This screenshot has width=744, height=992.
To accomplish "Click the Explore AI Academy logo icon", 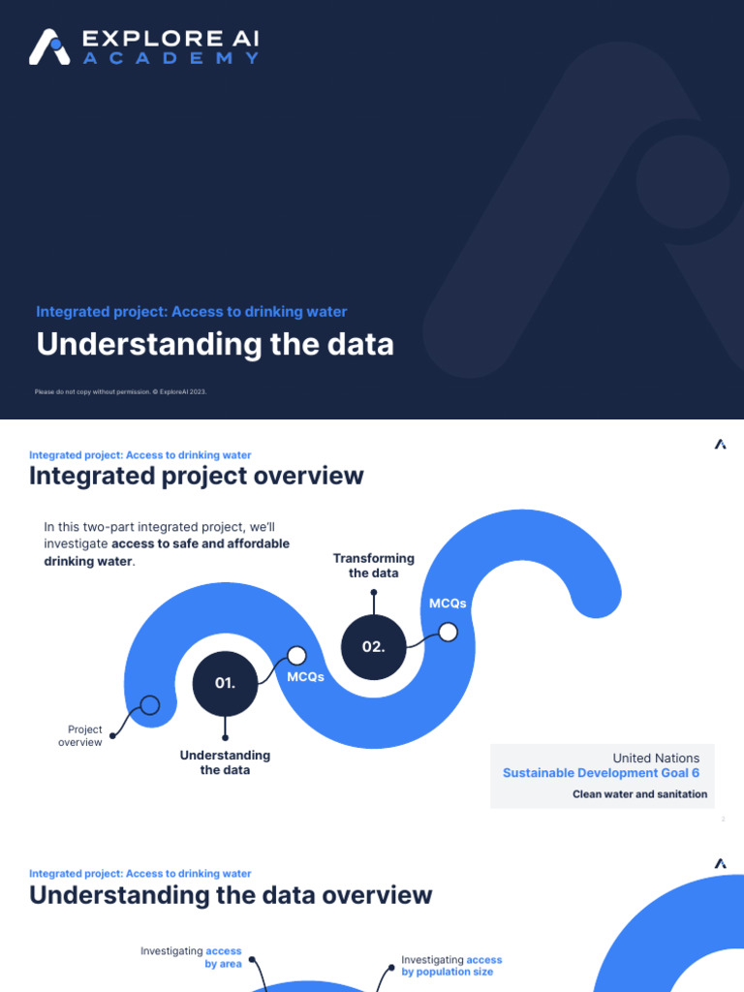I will [x=50, y=46].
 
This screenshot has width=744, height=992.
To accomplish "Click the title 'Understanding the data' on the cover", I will [x=215, y=344].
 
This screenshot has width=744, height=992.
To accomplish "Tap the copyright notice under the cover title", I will [x=121, y=391].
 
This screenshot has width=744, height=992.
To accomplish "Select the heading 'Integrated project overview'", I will [x=197, y=476].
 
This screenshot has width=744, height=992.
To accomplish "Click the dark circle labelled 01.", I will [x=225, y=683].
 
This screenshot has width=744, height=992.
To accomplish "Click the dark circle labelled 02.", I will [x=373, y=646].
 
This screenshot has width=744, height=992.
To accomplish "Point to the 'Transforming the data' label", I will [x=373, y=566].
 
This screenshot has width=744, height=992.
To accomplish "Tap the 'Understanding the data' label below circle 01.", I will [x=225, y=762].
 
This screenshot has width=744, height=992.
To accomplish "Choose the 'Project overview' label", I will [x=84, y=736].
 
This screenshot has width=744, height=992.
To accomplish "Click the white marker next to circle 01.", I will [x=296, y=656].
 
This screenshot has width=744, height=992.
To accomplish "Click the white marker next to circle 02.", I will [x=448, y=633].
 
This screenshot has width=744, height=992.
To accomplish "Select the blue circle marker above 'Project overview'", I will [x=149, y=705].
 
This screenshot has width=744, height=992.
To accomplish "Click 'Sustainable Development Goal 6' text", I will [x=601, y=773].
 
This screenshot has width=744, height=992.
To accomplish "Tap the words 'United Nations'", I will [x=656, y=759].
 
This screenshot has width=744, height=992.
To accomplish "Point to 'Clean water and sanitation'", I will [x=639, y=794].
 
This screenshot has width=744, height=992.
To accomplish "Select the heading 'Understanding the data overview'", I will [x=231, y=894].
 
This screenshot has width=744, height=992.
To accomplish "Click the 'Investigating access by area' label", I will [x=192, y=958].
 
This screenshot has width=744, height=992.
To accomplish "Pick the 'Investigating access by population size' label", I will [x=451, y=966].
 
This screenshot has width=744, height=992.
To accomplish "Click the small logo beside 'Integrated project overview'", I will [x=720, y=445].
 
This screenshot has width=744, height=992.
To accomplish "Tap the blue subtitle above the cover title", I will [x=191, y=312].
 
